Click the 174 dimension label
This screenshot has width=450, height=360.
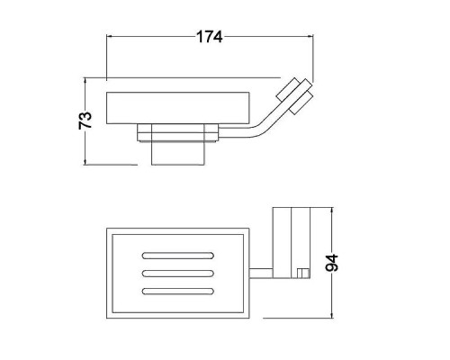210,37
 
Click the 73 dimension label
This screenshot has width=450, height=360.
85,121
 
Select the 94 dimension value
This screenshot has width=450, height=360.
331,263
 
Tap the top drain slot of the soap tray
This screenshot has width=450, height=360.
178,256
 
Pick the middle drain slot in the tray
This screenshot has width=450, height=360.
178,274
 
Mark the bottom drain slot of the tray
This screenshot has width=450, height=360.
178,291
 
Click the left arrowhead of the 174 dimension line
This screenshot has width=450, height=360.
110,37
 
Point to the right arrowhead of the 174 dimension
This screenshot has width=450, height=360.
310,37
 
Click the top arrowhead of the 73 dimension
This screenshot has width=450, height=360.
85,81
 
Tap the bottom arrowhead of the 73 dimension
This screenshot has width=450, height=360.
85,162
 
